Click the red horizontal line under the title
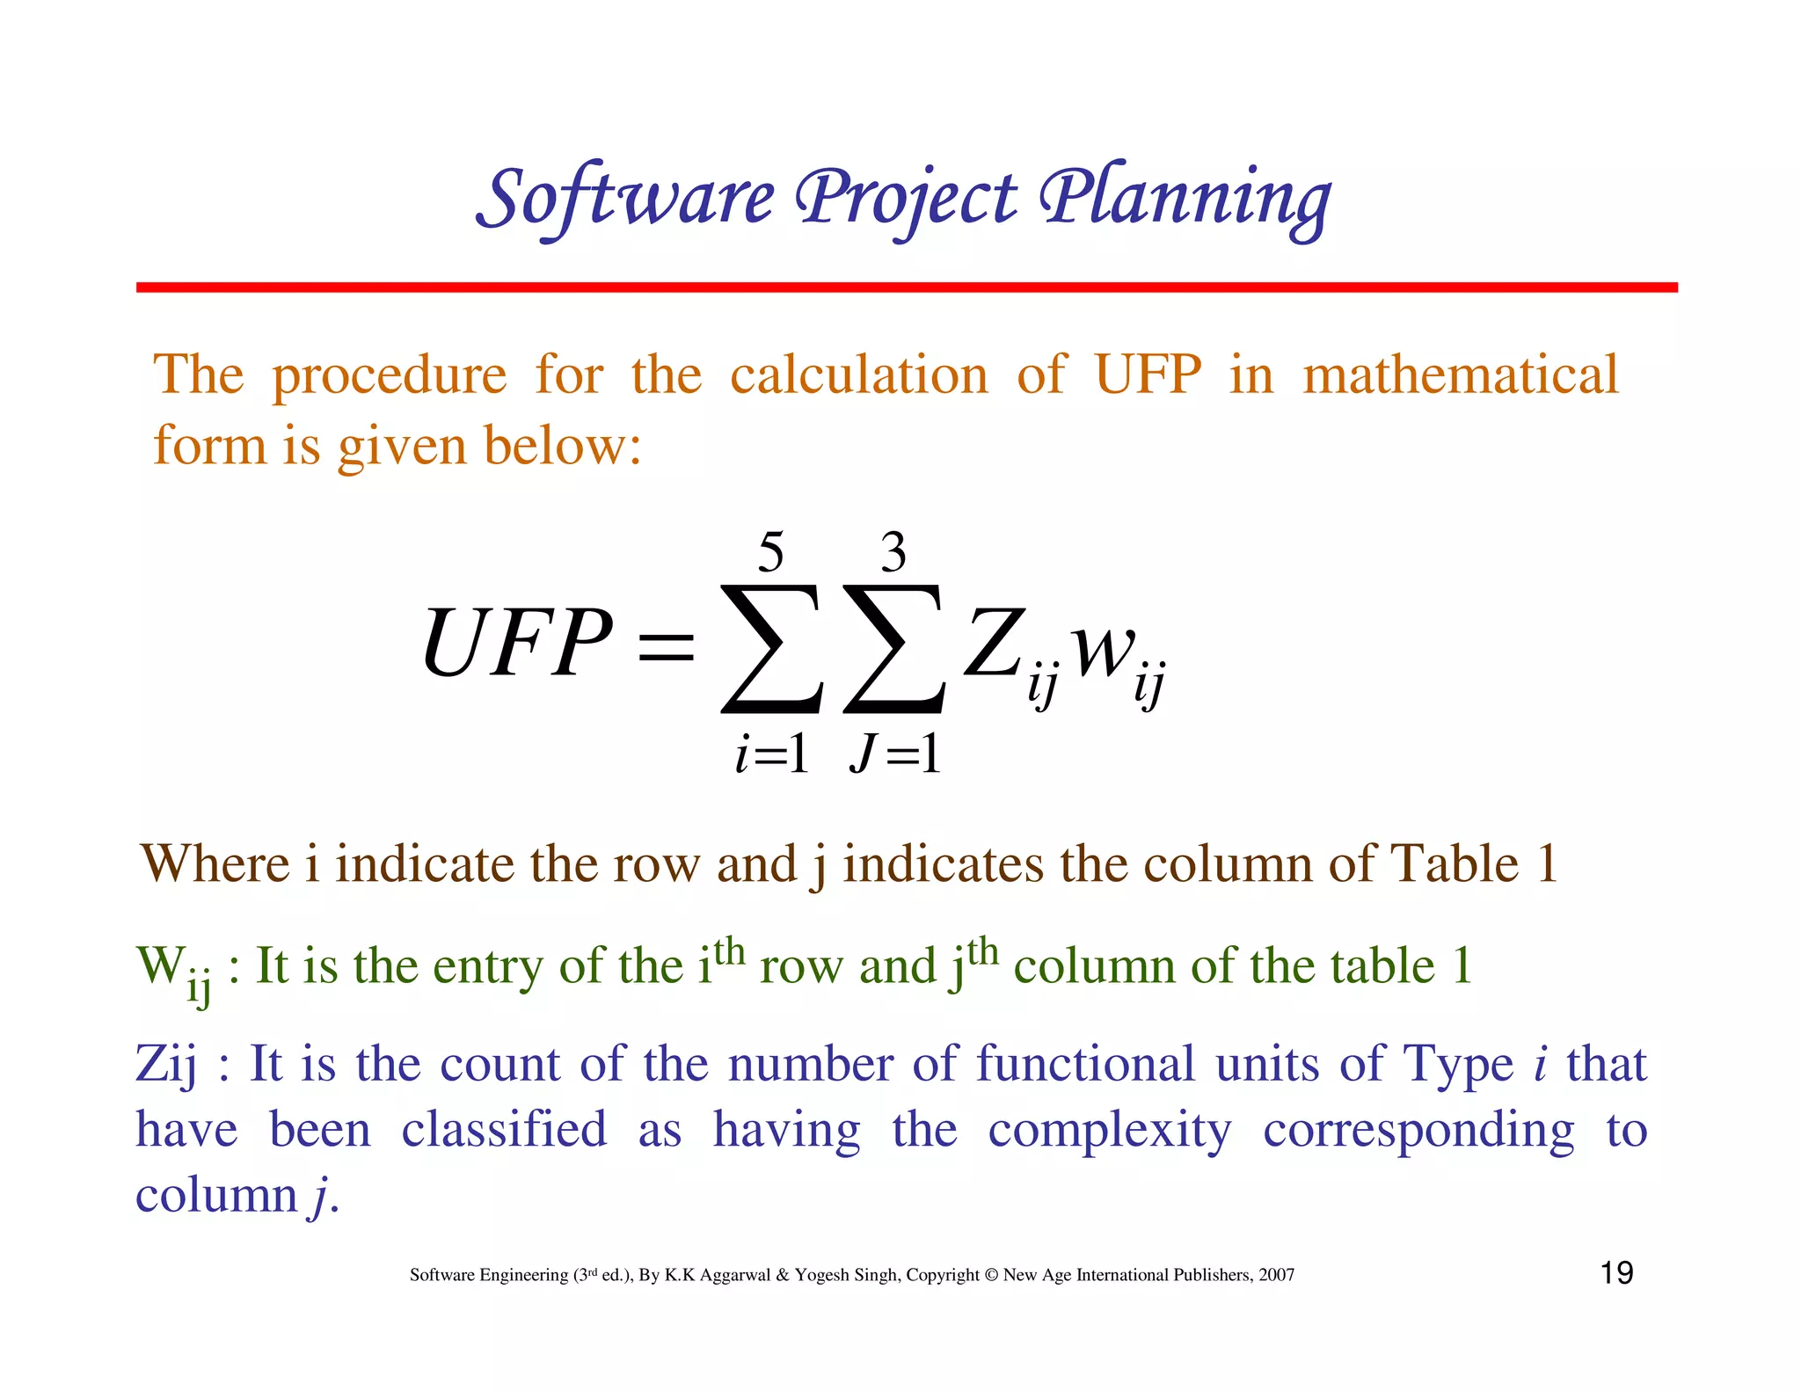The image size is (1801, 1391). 906,288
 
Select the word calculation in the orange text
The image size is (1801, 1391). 859,375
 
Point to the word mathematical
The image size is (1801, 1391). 1460,375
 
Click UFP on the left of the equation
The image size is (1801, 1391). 516,645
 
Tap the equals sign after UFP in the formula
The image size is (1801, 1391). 666,648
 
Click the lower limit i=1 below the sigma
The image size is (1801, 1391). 771,754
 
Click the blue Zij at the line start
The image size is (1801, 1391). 166,1065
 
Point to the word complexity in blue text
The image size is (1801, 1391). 1110,1131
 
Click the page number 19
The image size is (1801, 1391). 1616,1272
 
